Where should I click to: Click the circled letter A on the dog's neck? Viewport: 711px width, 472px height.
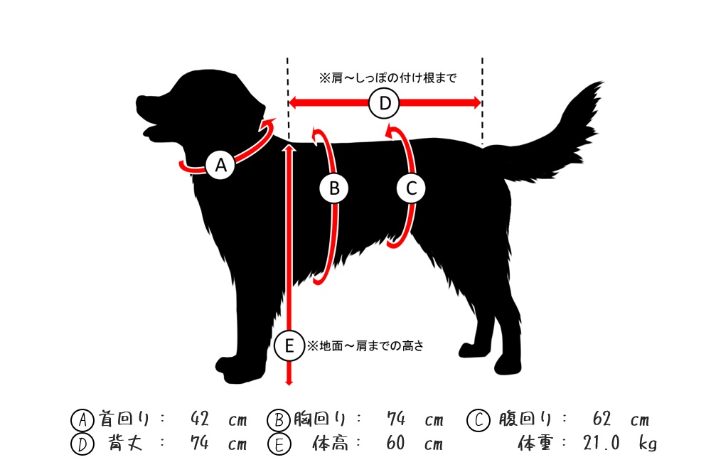(x=220, y=165)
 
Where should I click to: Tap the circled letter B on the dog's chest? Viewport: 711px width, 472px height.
(x=334, y=188)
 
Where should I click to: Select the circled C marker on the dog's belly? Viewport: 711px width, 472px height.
(x=411, y=188)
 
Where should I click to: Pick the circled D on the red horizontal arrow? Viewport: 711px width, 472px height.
(x=384, y=103)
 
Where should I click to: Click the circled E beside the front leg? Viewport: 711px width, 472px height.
(x=289, y=346)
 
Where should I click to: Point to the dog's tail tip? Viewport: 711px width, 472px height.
(x=602, y=83)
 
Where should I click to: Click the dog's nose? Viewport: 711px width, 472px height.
(x=139, y=101)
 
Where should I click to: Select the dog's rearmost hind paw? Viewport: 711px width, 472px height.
(x=508, y=364)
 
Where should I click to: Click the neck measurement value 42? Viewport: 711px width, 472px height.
(x=200, y=419)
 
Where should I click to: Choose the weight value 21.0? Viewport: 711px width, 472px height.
(x=602, y=443)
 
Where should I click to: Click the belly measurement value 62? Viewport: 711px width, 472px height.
(x=602, y=419)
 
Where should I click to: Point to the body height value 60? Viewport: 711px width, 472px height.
(x=395, y=443)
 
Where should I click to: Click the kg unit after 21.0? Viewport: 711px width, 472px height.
(x=648, y=444)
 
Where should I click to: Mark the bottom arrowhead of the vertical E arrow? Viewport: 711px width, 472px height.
(x=289, y=382)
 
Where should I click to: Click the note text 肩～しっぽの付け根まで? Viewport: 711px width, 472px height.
(x=394, y=78)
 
